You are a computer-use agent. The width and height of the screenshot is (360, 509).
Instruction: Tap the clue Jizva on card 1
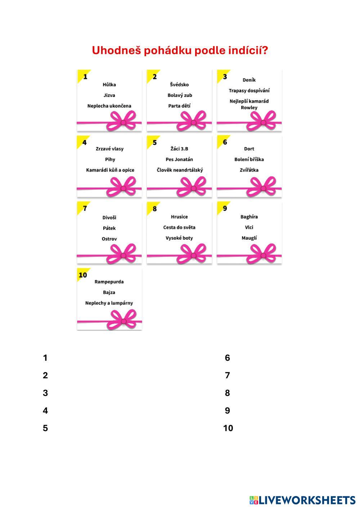[x=109, y=95]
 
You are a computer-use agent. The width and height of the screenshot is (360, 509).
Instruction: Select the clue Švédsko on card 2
[x=179, y=85]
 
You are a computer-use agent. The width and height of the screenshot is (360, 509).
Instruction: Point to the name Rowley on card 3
[x=249, y=108]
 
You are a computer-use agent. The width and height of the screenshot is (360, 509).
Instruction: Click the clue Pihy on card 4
[x=110, y=159]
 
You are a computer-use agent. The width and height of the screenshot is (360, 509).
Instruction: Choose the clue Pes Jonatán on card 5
[x=179, y=159]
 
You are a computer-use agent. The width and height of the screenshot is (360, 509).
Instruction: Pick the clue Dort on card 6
[x=249, y=149]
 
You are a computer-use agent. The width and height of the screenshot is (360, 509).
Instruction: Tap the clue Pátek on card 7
[x=109, y=228]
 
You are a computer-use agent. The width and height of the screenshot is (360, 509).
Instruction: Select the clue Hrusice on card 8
[x=179, y=217]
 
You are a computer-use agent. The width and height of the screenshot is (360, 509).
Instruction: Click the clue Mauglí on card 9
[x=249, y=238]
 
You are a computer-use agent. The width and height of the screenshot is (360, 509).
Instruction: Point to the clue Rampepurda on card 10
[x=109, y=282]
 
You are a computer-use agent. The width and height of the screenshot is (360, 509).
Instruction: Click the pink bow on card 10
[x=123, y=320]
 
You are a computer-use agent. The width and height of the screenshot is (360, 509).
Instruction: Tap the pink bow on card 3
[x=263, y=121]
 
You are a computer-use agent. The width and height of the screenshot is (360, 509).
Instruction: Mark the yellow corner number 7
[x=85, y=208]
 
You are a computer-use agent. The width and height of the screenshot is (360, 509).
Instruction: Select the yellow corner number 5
[x=154, y=143]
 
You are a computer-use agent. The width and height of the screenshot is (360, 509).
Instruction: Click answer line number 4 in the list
[x=45, y=411]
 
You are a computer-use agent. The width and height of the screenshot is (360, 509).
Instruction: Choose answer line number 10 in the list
[x=228, y=428]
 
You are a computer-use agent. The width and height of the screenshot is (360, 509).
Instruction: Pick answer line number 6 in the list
[x=227, y=358]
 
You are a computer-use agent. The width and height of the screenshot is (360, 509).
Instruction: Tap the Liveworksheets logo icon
[x=254, y=500]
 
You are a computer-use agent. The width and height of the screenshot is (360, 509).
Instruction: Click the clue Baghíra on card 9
[x=249, y=217]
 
